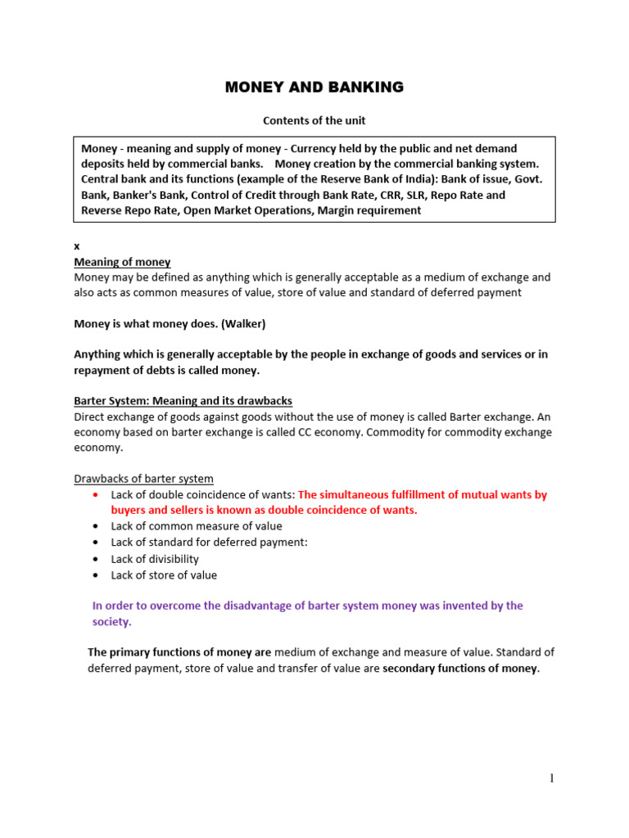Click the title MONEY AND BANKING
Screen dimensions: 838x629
click(x=314, y=88)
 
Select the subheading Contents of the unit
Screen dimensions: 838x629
click(x=314, y=120)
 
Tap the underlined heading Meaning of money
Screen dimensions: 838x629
click(x=122, y=262)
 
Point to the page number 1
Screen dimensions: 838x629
click(x=552, y=778)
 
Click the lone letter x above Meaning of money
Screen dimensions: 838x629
click(x=77, y=246)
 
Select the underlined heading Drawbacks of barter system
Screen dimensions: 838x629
click(x=143, y=479)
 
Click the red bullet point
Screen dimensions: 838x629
click(x=97, y=495)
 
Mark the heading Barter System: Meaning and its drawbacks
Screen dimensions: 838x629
click(x=183, y=401)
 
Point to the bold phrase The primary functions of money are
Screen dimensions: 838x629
click(x=179, y=652)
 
